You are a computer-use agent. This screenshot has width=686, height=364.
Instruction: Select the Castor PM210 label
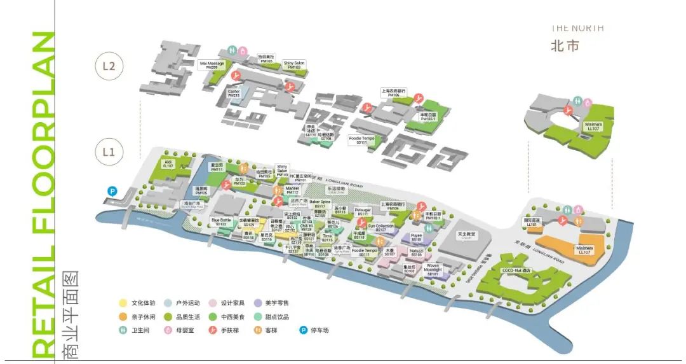click(234, 93)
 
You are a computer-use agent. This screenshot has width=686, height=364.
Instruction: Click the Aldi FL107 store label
click(168, 164)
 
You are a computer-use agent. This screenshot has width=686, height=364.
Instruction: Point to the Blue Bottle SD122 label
click(221, 222)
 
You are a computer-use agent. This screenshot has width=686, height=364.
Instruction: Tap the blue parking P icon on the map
click(112, 190)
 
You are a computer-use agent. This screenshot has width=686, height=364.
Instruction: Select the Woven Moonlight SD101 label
click(433, 269)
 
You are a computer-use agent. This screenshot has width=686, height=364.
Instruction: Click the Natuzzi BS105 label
click(417, 252)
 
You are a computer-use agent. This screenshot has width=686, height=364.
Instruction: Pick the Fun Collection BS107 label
click(380, 227)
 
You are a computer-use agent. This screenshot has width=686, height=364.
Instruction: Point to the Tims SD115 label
click(327, 237)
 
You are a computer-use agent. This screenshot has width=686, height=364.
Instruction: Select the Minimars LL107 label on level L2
click(593, 127)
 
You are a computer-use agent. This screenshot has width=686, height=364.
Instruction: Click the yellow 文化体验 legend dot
click(123, 303)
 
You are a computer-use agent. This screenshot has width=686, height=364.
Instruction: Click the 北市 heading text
click(565, 46)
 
